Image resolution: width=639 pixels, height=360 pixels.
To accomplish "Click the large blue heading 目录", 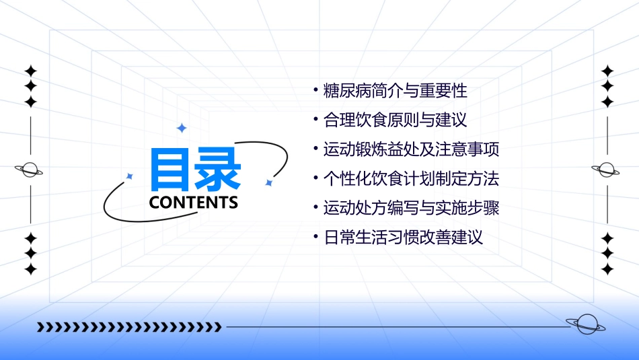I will [195, 170].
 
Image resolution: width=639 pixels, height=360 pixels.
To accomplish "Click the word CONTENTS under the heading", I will [193, 203].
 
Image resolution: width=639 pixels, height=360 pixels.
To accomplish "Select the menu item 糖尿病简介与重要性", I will [395, 91].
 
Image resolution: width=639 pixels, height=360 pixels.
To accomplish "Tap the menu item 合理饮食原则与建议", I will [395, 120].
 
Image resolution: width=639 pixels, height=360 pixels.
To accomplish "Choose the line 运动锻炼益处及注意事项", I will [411, 149].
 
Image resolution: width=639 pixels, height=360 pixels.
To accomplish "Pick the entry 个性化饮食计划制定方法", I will [411, 179].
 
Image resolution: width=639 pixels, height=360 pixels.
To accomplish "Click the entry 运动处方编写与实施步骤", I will [411, 208].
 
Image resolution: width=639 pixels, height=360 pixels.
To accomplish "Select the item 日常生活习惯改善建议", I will [403, 238].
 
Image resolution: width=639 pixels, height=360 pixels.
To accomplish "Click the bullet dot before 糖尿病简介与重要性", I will [316, 91].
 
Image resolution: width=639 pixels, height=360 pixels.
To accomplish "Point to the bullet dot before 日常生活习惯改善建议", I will [316, 238].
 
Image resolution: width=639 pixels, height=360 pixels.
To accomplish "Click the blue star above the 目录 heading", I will [181, 128].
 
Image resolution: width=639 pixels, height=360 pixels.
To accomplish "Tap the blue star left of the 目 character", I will [130, 176].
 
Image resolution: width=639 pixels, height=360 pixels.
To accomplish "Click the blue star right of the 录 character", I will [268, 182].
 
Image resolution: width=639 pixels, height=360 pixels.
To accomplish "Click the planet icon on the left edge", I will [30, 170].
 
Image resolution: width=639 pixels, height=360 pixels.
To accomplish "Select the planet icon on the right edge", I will [607, 170].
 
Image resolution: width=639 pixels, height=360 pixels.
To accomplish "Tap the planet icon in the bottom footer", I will [585, 324].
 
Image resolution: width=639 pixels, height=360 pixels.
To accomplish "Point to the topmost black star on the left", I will [30, 71].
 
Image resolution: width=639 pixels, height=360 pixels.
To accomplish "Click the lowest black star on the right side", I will [607, 270].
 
